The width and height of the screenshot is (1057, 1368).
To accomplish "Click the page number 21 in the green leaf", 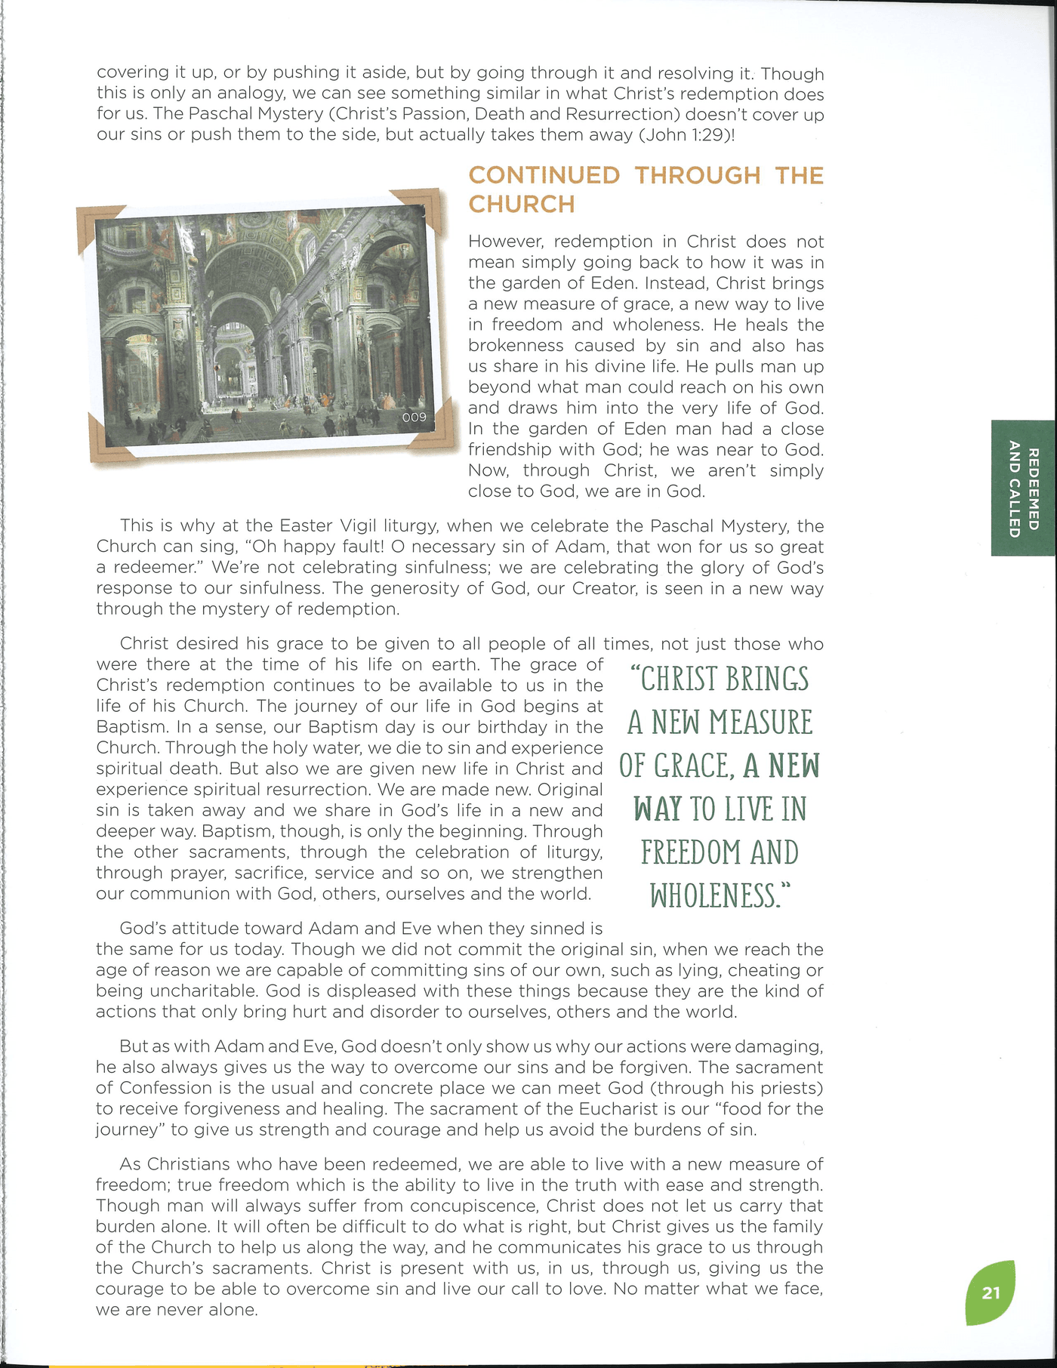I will (x=991, y=1293).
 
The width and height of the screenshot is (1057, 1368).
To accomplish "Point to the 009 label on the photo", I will (x=414, y=417).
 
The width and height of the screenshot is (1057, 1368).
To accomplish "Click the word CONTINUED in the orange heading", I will (x=544, y=175).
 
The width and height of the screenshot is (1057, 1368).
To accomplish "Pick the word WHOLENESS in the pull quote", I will (x=713, y=896).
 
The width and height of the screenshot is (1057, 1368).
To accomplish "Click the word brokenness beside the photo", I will (x=516, y=346).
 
